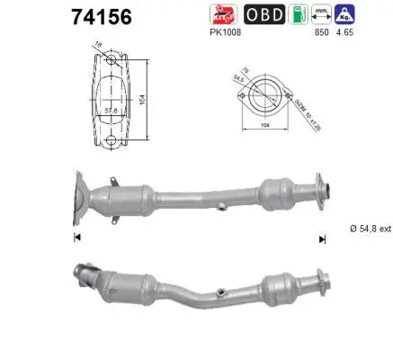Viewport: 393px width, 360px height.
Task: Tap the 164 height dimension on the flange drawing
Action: pos(142,102)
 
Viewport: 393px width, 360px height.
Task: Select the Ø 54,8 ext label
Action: pos(369,229)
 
